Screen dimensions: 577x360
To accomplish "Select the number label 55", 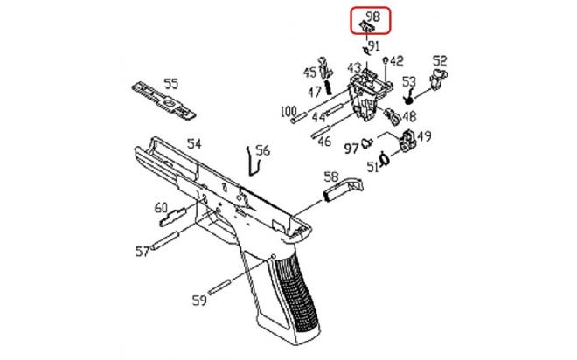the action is pos(171,84).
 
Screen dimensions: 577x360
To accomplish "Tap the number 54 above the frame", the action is pos(194,144).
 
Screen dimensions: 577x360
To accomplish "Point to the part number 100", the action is pos(288,112).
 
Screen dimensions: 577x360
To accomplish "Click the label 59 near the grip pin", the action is pos(199,301).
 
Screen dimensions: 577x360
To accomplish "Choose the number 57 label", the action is pos(143,252).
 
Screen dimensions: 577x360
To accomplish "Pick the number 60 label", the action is pos(161,208).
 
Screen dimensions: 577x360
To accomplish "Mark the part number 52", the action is pos(440,60).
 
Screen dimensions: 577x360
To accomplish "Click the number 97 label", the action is pos(351,149).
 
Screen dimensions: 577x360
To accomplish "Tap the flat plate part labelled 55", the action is pos(163,100).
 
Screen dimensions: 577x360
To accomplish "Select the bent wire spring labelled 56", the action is pos(253,161).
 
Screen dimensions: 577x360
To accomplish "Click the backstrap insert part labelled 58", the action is pos(344,188).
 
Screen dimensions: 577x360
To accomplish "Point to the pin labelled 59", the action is pos(219,287).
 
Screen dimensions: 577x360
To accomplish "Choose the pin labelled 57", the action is pos(165,239).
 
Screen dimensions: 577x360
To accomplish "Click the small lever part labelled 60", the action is pos(172,217).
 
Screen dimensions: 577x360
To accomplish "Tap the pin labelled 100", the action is pos(298,118).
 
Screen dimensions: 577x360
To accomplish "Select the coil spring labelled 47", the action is pos(329,88).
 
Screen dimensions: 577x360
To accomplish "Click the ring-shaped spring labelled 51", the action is pos(385,159).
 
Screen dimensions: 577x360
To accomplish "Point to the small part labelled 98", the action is pos(366,26).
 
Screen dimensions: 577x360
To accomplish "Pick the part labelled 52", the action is pos(439,78).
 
